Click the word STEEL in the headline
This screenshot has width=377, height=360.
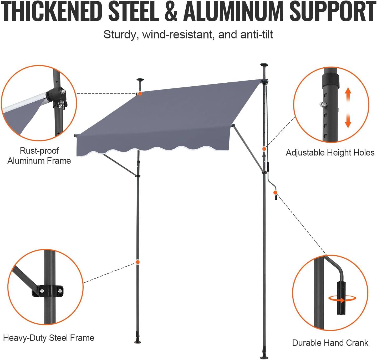click(x=134, y=12)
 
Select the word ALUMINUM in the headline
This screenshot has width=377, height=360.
click(x=233, y=12)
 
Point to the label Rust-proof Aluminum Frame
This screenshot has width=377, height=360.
click(x=39, y=156)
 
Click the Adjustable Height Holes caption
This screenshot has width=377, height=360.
click(x=330, y=153)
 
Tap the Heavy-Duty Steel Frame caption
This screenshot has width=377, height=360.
click(x=49, y=338)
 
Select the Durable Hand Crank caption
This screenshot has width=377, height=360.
click(x=330, y=343)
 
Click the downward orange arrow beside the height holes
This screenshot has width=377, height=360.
click(x=348, y=121)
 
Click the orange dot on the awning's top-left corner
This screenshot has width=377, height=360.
click(x=140, y=93)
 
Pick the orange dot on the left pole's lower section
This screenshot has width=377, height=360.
click(x=137, y=262)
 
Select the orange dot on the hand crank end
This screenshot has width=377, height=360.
click(x=275, y=193)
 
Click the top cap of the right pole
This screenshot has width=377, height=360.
click(x=264, y=65)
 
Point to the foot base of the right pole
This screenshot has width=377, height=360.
click(x=263, y=357)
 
